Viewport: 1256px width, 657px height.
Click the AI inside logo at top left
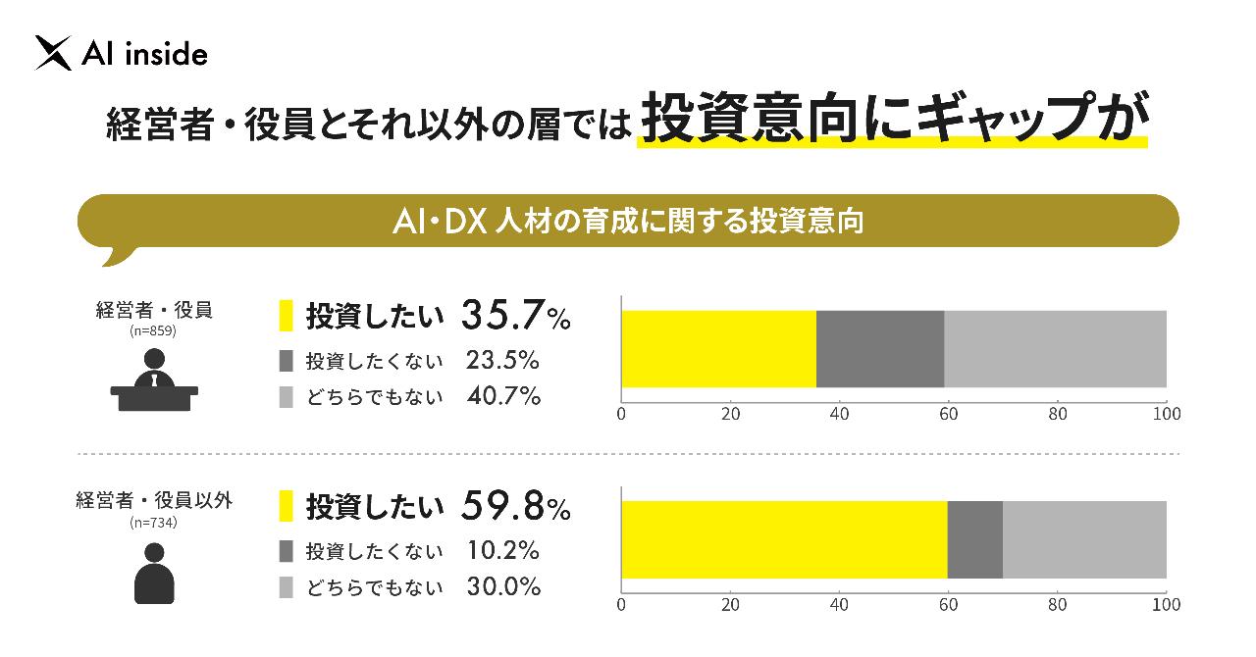(121, 54)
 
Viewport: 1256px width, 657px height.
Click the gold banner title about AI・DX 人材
(627, 221)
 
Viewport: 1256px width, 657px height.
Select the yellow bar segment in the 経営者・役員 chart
(718, 349)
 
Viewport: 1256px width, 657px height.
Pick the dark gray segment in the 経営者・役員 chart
(880, 349)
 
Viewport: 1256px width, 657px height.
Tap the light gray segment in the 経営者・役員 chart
(1055, 349)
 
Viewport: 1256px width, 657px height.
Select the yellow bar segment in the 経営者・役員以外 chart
(784, 539)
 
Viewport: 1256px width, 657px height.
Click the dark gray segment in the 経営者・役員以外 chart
(974, 539)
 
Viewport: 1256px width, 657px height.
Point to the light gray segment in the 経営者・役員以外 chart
(1084, 539)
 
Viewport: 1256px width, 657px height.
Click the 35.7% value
(515, 316)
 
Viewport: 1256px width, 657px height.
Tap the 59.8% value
(515, 507)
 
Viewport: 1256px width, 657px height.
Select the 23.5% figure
(502, 360)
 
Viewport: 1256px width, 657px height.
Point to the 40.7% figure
(502, 396)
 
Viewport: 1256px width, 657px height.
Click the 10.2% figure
(502, 550)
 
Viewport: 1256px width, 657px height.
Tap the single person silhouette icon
(154, 573)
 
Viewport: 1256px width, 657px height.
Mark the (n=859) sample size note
(154, 332)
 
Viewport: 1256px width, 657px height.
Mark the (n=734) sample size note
(154, 523)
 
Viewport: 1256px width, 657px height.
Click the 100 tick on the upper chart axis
(1166, 414)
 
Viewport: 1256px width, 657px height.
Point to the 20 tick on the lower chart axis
(730, 605)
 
